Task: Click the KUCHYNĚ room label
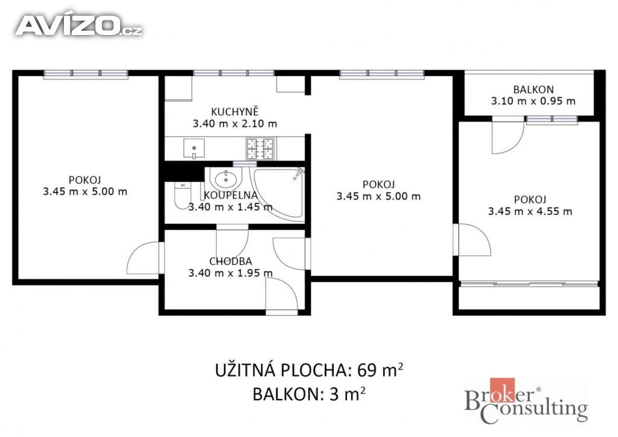[235, 112]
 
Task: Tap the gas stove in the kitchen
[260, 148]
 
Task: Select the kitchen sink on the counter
[194, 148]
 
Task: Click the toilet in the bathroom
[182, 196]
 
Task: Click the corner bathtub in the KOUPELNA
[278, 193]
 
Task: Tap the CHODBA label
[231, 261]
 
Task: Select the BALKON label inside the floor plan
[534, 89]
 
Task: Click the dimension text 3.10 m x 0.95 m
[534, 101]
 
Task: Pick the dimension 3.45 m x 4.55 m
[530, 212]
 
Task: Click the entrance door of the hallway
[281, 296]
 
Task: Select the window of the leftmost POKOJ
[86, 74]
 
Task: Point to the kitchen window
[234, 73]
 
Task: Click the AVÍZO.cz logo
[79, 26]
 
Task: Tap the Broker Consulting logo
[526, 401]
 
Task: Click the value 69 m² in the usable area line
[380, 370]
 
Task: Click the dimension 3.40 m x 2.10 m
[235, 124]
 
